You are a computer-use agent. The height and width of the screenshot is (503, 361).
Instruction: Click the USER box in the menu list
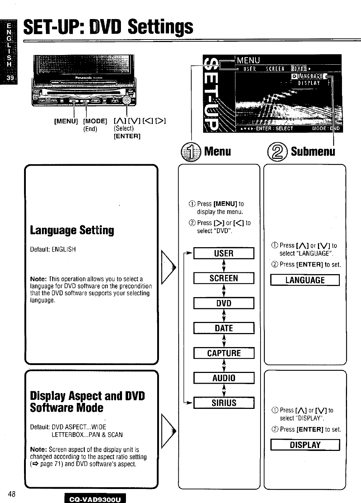(224, 253)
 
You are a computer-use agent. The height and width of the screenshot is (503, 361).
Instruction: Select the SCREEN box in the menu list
(224, 278)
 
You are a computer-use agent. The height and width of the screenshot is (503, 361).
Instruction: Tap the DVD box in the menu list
(224, 303)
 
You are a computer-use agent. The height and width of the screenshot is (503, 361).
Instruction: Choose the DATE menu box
(224, 328)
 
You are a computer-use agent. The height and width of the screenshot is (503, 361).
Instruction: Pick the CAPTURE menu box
(224, 353)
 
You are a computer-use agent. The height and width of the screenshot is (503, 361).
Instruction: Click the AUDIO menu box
(224, 378)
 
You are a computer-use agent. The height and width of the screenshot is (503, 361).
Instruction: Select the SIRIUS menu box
(224, 403)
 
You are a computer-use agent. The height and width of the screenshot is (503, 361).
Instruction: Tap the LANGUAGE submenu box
(305, 280)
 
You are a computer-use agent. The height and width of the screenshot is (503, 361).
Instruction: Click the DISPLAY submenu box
(305, 445)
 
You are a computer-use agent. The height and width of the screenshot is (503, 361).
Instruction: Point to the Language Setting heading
(72, 230)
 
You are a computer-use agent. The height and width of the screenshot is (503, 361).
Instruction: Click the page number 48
(11, 494)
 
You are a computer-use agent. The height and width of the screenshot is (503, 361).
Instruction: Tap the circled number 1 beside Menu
(191, 151)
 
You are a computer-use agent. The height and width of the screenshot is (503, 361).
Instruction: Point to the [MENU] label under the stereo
(66, 121)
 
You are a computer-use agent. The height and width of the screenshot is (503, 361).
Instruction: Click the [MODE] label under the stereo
(95, 121)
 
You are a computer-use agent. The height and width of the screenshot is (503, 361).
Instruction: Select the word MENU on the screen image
(248, 60)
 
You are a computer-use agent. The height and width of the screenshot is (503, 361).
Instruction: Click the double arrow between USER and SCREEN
(224, 266)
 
